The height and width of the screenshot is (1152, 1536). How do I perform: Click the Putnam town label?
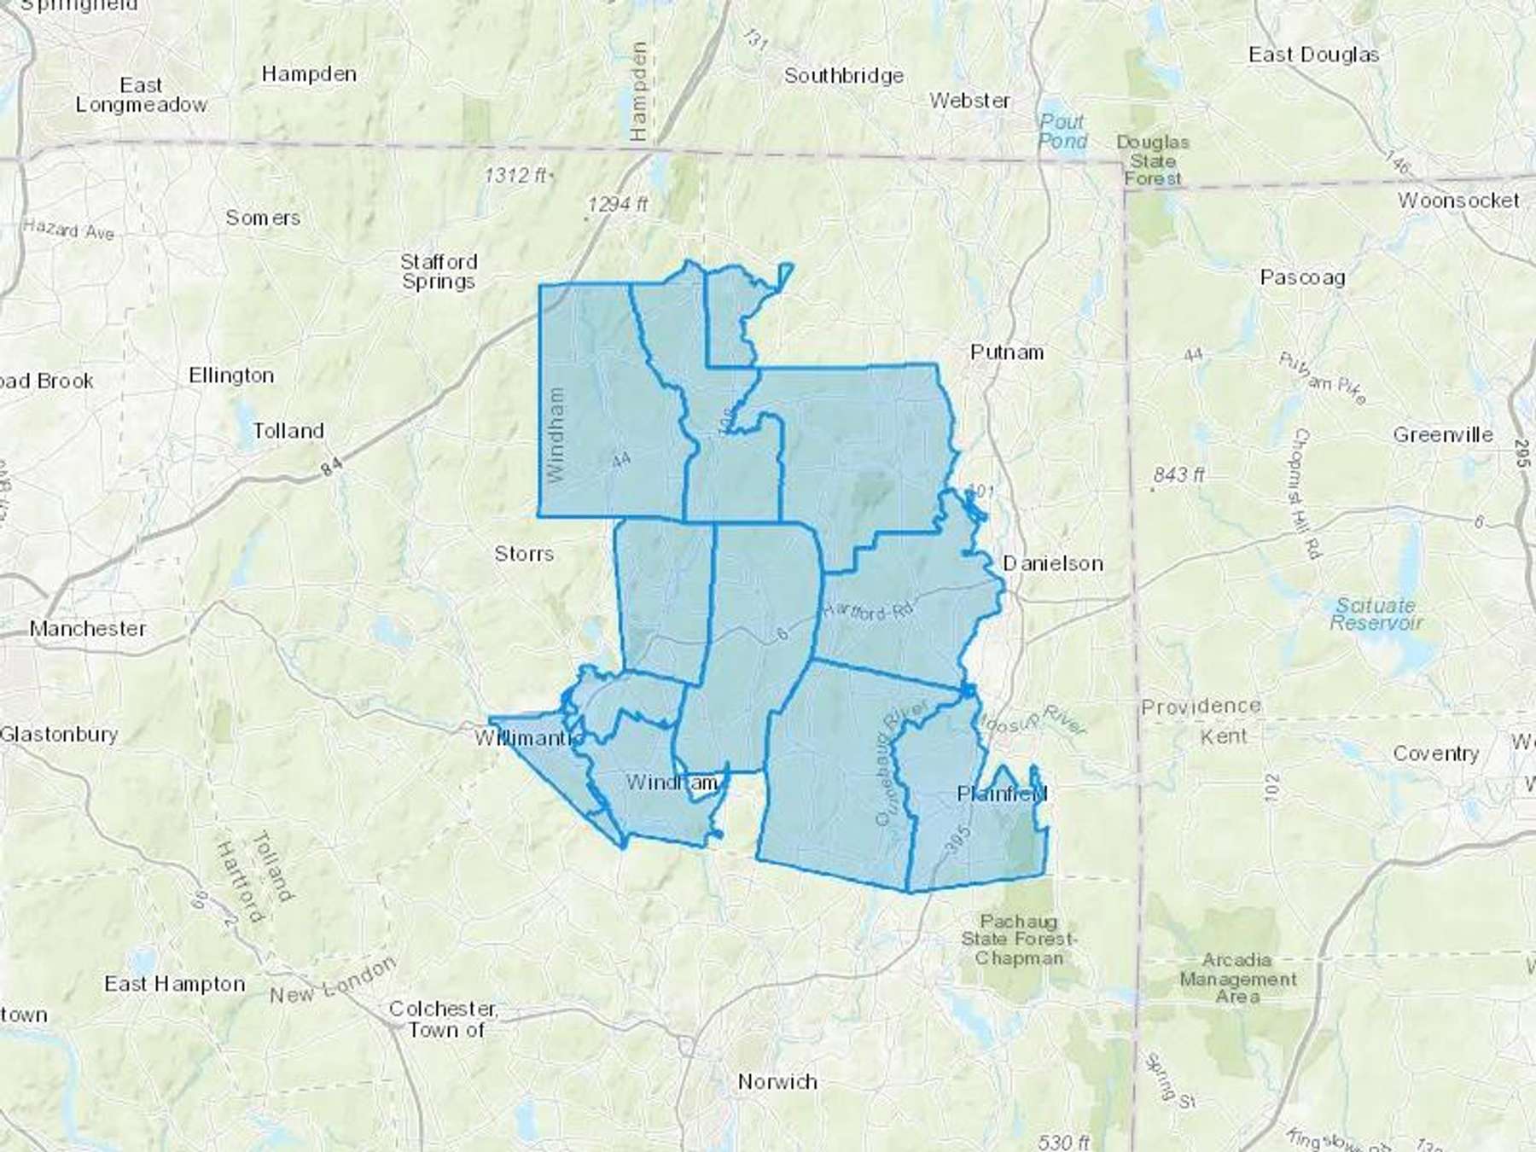coord(1007,352)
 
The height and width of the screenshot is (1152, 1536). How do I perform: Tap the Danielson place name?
coord(1052,563)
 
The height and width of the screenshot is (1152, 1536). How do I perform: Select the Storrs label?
coord(524,554)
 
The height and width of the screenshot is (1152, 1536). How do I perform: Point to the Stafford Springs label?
coord(439,271)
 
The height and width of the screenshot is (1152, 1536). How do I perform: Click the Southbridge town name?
coord(844,76)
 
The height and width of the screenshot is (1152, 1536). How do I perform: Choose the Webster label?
coord(969,101)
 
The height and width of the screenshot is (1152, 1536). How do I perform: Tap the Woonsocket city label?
coord(1458,201)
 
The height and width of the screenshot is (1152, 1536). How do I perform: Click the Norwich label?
coord(777,1082)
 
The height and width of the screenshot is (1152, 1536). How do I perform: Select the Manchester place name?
coord(88,629)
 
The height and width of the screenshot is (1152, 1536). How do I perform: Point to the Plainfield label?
coord(1002,794)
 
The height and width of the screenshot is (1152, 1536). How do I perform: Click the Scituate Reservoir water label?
coord(1376,614)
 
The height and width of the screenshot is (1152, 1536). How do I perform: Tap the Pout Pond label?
coord(1062,131)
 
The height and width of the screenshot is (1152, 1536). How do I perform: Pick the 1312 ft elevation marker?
coord(515,176)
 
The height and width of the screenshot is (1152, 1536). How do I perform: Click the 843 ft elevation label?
coord(1178,474)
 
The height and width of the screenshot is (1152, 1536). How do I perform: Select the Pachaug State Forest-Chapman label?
coord(1019,940)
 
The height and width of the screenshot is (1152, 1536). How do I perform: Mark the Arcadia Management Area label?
coord(1237,978)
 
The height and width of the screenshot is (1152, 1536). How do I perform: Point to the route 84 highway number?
coord(333,467)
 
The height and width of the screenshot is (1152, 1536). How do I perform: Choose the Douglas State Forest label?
coord(1153,160)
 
